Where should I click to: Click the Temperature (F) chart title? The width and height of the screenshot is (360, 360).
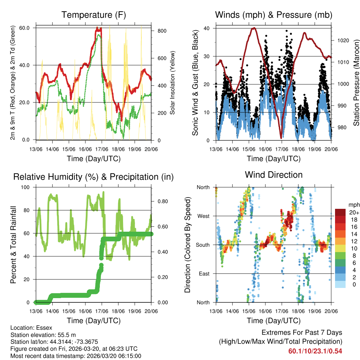point(94,15)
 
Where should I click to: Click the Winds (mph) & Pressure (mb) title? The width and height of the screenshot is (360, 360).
point(274,15)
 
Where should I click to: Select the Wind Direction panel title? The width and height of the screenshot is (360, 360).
point(274,175)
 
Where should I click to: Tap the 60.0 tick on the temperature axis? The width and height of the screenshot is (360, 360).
point(28,28)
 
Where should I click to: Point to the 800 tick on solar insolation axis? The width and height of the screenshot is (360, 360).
point(162,31)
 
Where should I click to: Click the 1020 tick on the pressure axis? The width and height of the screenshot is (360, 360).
point(342,40)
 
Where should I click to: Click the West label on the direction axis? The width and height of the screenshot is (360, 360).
point(203,216)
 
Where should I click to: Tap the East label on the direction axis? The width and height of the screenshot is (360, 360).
point(204,274)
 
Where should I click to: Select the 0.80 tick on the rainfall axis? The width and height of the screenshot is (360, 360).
point(162,201)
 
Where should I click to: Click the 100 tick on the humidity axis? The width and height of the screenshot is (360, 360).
point(26,187)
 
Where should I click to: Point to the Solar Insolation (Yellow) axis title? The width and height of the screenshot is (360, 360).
point(173,83)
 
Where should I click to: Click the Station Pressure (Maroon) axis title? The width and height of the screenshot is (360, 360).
point(356,83)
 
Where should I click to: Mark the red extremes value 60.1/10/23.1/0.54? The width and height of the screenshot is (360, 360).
point(315,351)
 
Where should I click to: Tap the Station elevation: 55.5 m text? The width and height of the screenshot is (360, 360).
point(41,335)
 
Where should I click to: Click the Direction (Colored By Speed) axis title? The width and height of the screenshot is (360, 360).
point(187,245)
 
